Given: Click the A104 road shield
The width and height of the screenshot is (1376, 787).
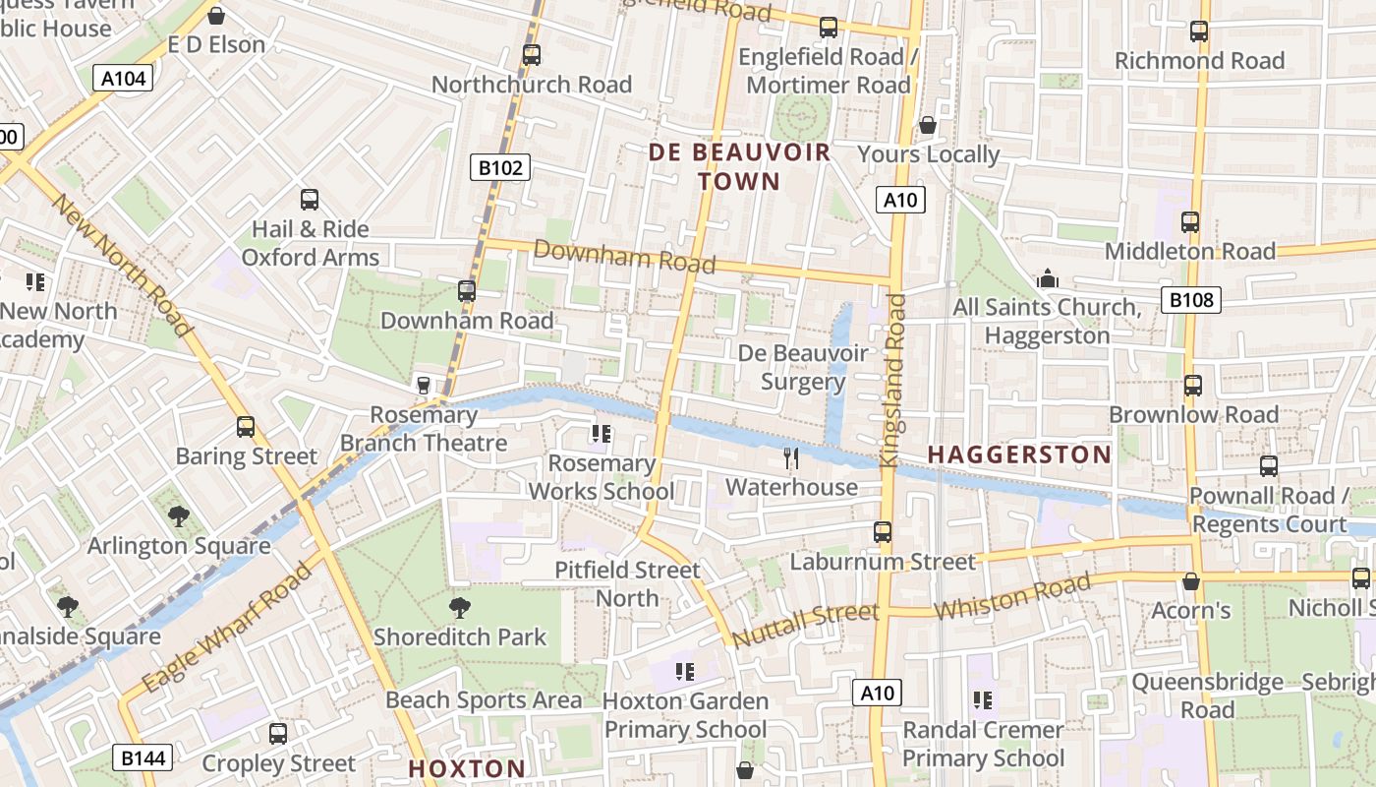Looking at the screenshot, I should tap(124, 78).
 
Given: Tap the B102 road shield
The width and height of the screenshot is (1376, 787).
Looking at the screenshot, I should tap(501, 168).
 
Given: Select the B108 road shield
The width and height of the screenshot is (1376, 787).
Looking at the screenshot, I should tap(1190, 300).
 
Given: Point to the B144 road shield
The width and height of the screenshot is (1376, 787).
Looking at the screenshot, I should tap(144, 757).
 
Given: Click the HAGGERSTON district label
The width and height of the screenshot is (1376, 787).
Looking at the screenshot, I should tap(1019, 454).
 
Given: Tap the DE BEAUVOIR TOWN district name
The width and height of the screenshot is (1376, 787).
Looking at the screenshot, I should tap(739, 167).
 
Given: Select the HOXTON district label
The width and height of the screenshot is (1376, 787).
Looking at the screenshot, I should tap(467, 768).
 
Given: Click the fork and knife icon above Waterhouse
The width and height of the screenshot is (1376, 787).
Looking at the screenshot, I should tap(790, 457).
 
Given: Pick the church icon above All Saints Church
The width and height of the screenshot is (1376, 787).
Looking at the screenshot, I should tap(1048, 279).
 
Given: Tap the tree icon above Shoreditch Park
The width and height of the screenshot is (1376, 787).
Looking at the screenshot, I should tap(459, 608).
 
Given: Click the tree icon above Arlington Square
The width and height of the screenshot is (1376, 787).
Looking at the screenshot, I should tap(179, 516).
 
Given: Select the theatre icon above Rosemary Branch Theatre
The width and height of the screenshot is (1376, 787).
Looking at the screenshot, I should tap(424, 385).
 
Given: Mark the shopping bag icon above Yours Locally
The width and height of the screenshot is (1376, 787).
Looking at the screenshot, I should tap(927, 125).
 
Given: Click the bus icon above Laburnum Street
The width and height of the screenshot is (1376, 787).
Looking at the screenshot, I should tap(883, 532).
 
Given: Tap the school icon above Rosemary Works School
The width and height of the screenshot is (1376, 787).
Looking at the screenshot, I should tap(602, 434).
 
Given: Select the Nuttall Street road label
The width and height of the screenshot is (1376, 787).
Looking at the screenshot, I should tap(805, 625).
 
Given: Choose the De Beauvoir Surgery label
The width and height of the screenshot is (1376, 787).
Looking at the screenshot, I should tap(803, 367).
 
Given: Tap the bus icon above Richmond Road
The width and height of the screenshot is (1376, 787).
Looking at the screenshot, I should tap(1198, 31).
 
